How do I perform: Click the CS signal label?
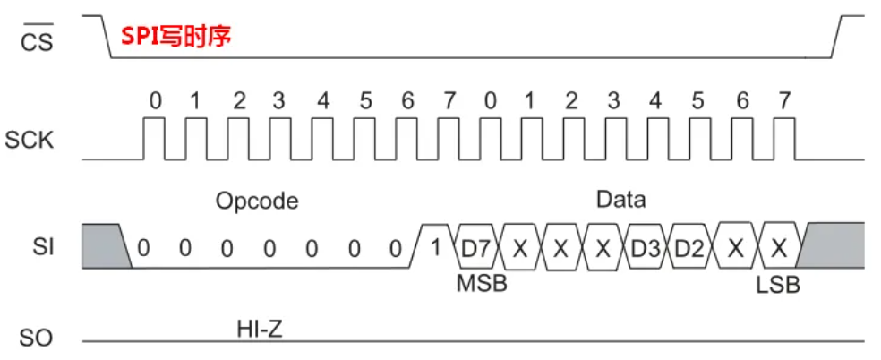pos(36,39)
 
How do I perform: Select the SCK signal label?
pos(30,141)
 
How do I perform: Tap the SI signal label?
pos(42,245)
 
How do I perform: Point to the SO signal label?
pos(36,338)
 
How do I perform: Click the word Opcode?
pos(256,201)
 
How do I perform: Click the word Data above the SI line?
pos(620,199)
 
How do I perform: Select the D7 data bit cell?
pos(476,247)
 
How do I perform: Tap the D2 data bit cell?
pos(688,247)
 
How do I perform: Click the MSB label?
pos(482,285)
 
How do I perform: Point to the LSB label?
pos(778,286)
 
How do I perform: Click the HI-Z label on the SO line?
pos(260,330)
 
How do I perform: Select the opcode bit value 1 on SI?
pos(436,247)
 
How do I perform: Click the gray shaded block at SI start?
pos(104,244)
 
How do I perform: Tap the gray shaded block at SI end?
pos(833,244)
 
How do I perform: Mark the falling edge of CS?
pos(104,37)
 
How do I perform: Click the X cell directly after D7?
pos(519,247)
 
